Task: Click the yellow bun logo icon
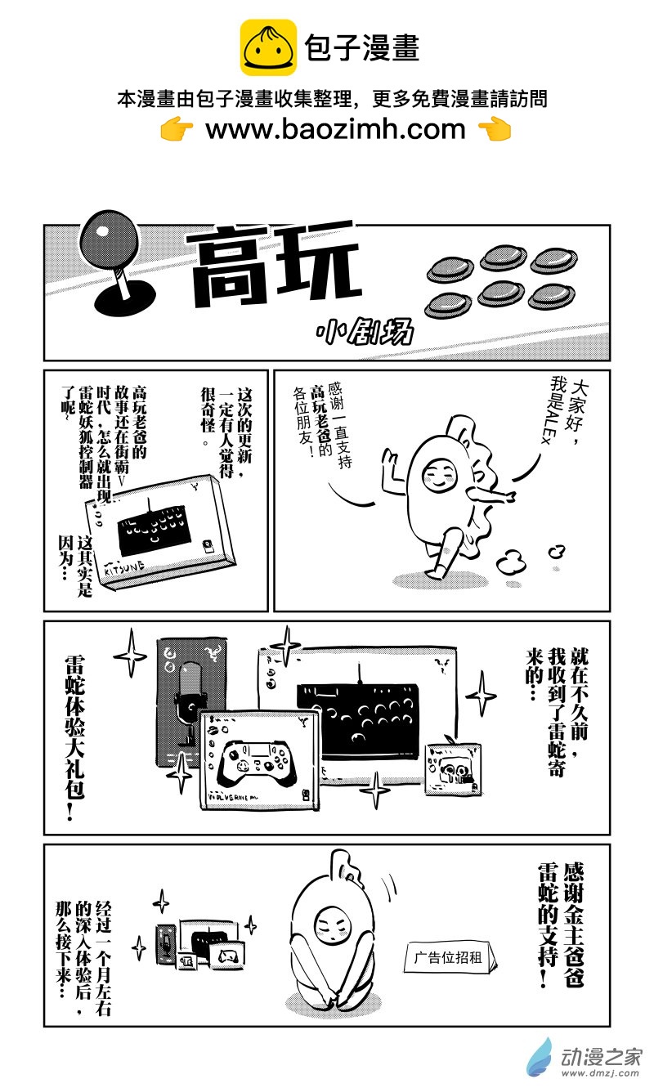click(268, 48)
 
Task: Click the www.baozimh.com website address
click(335, 128)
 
